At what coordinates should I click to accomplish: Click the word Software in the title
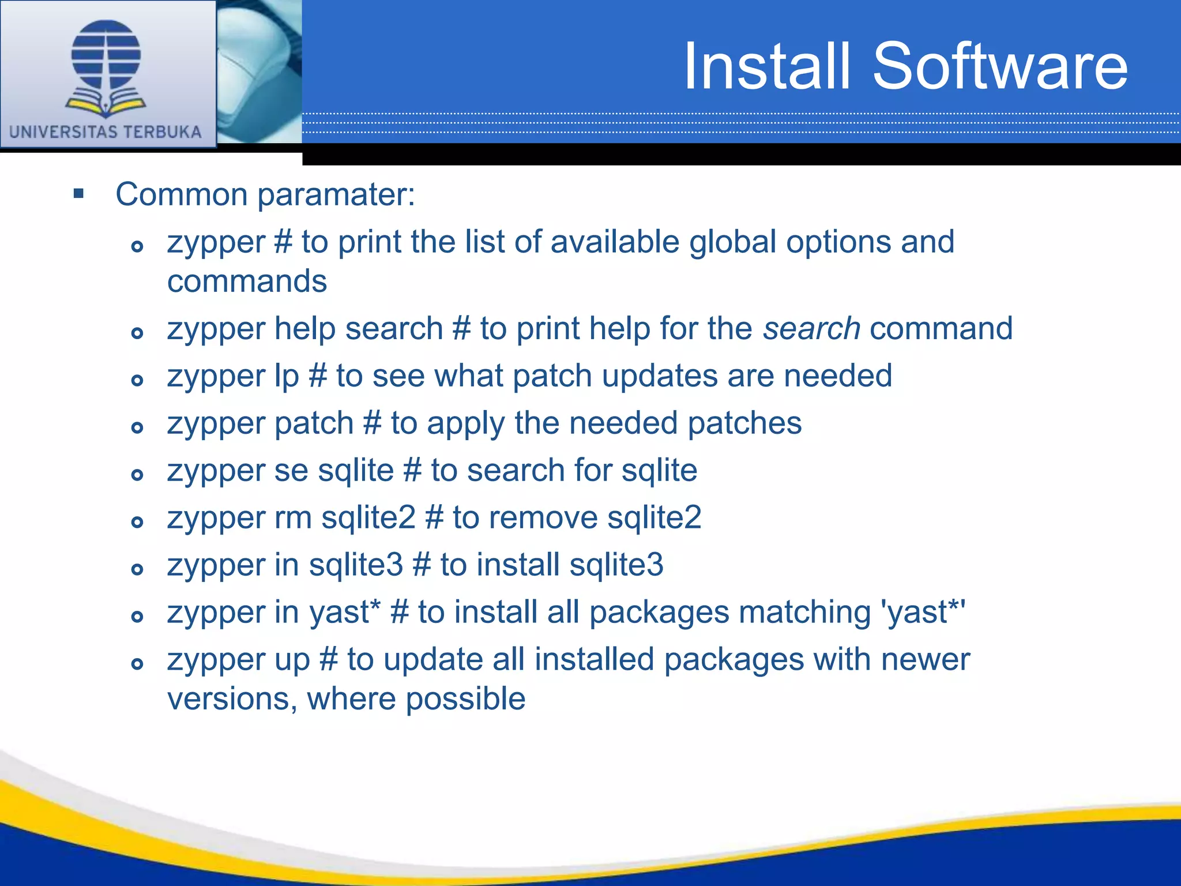tap(1000, 66)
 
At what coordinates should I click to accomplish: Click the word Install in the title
tap(767, 66)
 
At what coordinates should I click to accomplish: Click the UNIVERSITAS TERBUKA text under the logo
tap(106, 132)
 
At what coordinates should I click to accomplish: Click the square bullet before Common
tap(79, 193)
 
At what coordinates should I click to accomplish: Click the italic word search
tap(811, 329)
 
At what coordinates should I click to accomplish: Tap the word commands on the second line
tap(247, 281)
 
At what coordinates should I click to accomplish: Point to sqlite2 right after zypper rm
tap(368, 517)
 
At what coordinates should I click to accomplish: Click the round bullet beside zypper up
tap(137, 664)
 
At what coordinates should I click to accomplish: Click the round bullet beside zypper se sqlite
tap(137, 475)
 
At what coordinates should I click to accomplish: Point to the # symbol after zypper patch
tap(373, 423)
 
